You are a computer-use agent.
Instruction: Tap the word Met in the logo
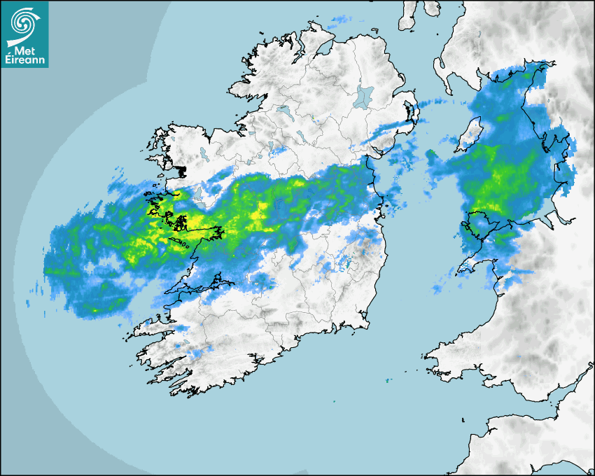pos(26,50)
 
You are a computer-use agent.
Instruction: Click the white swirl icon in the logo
pos(24,22)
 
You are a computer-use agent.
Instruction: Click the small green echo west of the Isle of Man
pos(431,152)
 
